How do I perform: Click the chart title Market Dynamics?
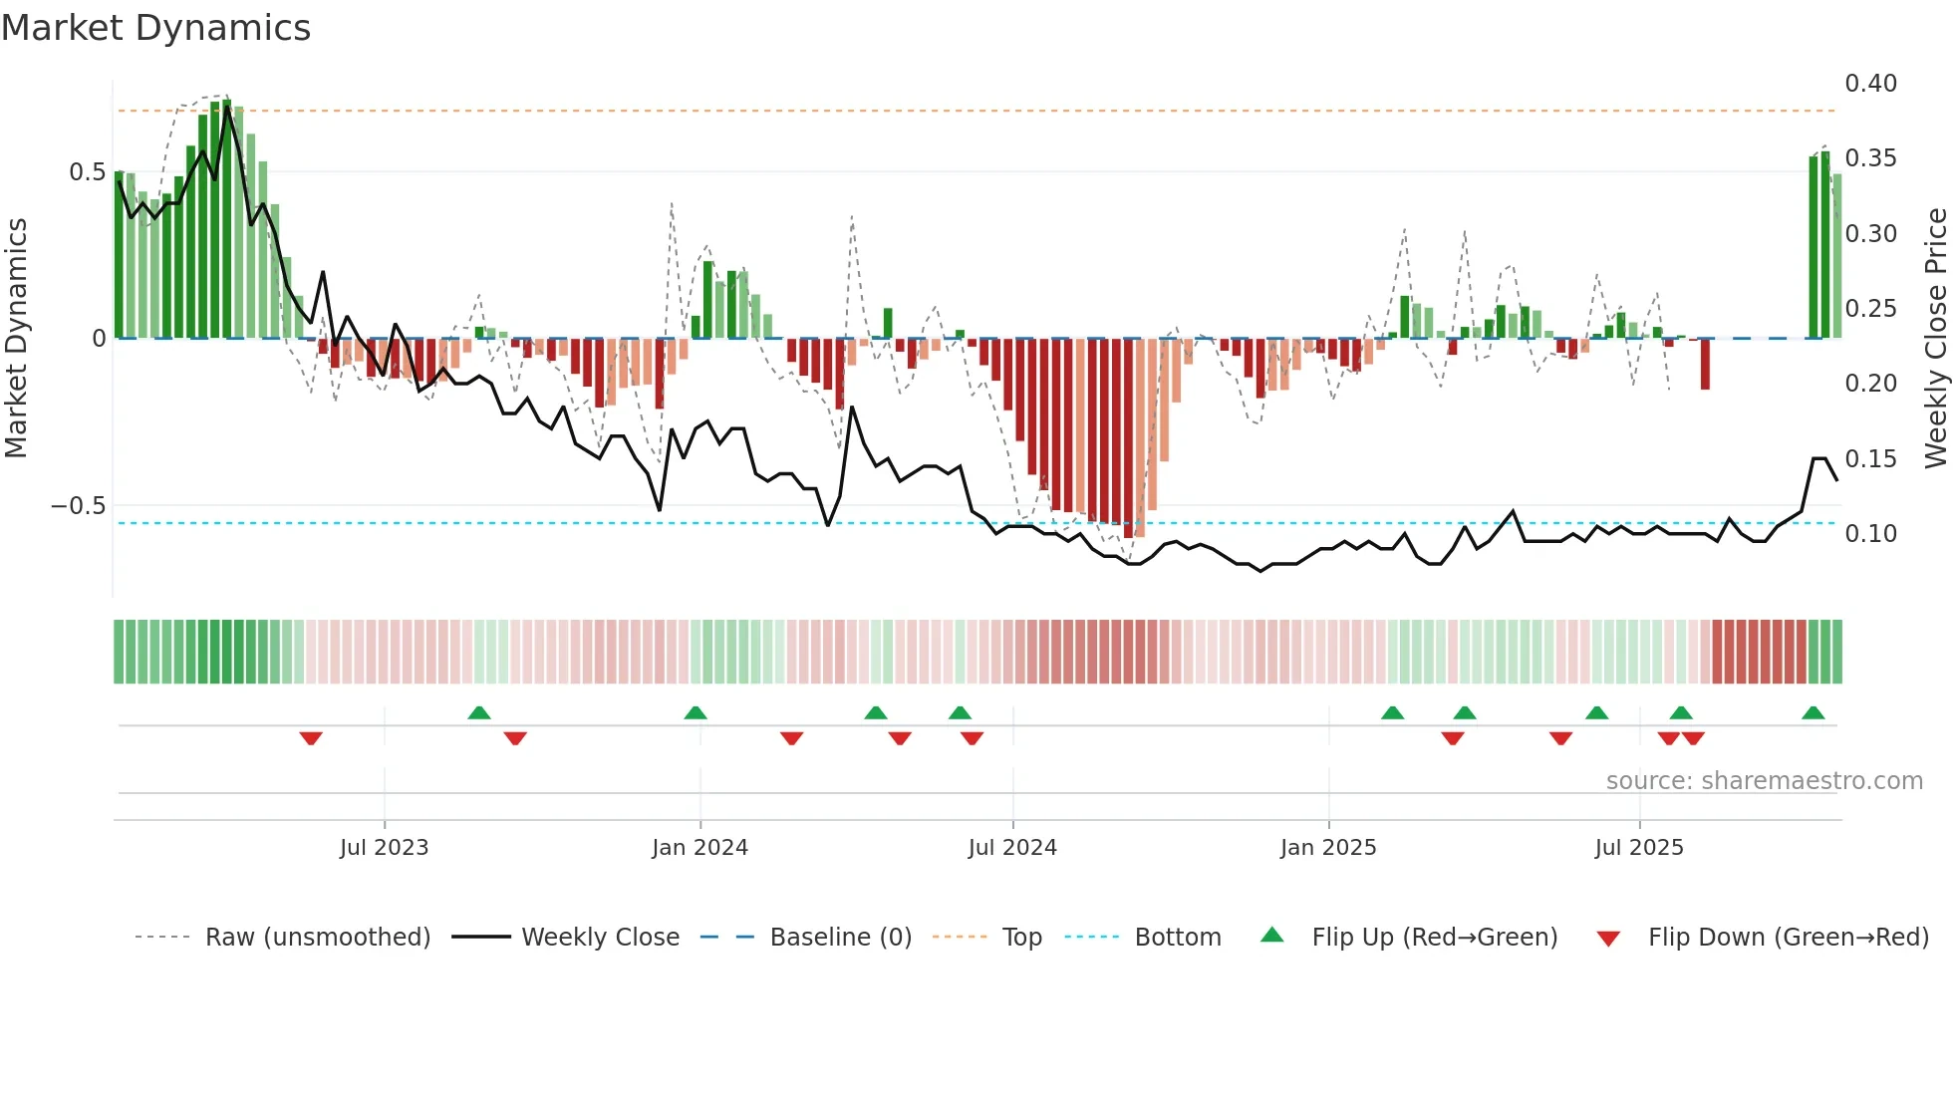[155, 28]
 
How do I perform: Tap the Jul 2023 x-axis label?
[384, 848]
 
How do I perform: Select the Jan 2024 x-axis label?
[699, 848]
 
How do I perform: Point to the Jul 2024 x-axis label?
[1012, 848]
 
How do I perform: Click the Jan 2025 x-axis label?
[1328, 848]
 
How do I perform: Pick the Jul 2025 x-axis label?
[1639, 848]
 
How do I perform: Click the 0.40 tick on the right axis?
[1870, 84]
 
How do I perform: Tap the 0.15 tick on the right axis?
[1870, 459]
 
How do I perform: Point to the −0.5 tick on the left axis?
[79, 506]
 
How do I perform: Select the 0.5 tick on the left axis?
[87, 172]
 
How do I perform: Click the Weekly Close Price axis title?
[1935, 339]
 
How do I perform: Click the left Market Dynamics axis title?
[16, 339]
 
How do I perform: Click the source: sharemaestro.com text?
[1764, 781]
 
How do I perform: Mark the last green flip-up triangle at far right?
[1813, 713]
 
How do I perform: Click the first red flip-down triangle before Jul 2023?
[311, 738]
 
